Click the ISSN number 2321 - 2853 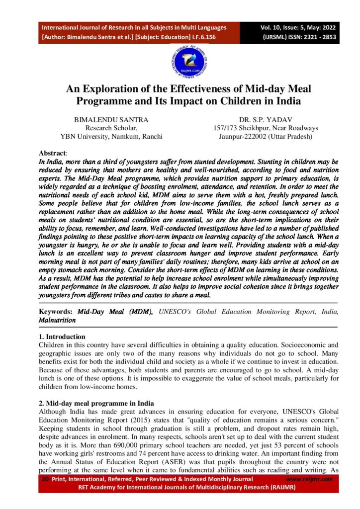(309, 37)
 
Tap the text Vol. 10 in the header (270, 28)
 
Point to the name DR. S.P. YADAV (265, 120)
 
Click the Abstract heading (52, 154)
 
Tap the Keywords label (56, 312)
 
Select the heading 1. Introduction (62, 337)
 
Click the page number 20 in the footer (44, 479)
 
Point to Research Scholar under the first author (111, 128)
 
